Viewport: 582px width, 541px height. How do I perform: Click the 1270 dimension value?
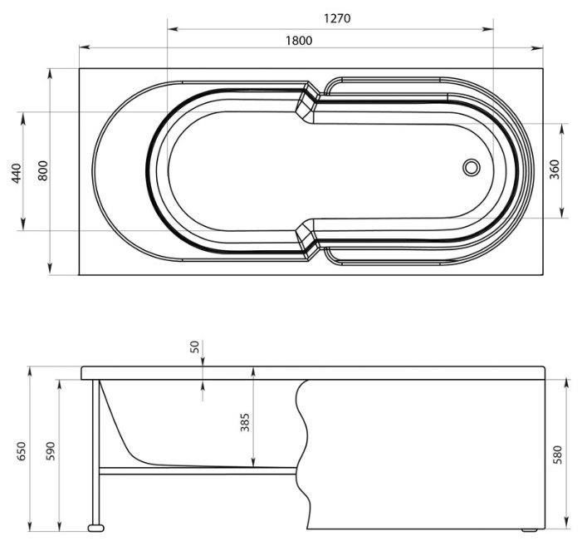pyautogui.click(x=337, y=18)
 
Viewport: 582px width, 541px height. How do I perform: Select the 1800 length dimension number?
pyautogui.click(x=299, y=41)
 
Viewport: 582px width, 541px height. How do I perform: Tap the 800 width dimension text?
pyautogui.click(x=43, y=170)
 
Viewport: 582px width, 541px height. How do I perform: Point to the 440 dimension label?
pyautogui.click(x=17, y=173)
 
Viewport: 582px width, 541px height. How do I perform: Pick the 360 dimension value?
pyautogui.click(x=554, y=170)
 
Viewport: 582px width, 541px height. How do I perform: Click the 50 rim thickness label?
pyautogui.click(x=195, y=347)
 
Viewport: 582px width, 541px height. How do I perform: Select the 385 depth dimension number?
pyautogui.click(x=245, y=422)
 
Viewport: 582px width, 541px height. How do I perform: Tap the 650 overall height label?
pyautogui.click(x=22, y=450)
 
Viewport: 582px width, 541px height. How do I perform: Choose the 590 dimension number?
pyautogui.click(x=51, y=450)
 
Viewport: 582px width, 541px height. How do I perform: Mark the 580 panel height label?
pyautogui.click(x=557, y=454)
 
